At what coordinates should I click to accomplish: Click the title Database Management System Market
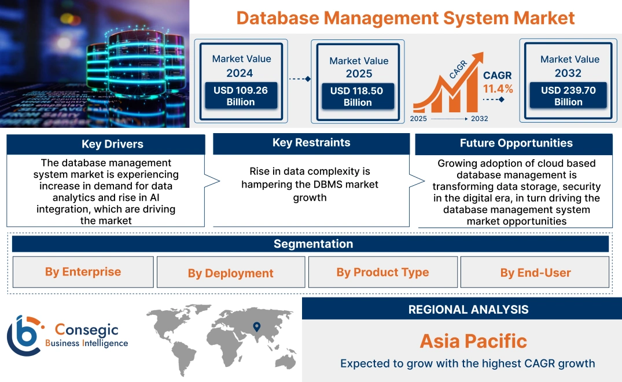pos(406,17)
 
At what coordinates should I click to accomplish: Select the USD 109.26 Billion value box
pos(241,96)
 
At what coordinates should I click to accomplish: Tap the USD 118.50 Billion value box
pos(358,97)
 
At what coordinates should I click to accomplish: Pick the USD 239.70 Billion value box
pos(568,96)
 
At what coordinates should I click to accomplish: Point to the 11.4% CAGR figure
pos(498,89)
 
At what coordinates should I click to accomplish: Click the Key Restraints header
pos(311,143)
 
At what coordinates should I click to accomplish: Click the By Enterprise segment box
pos(83,272)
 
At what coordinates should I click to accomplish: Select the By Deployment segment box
pos(230,273)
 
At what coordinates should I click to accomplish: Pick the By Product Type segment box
pos(382,272)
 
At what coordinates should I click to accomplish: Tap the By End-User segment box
pos(535,273)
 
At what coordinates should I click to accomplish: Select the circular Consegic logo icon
pos(24,335)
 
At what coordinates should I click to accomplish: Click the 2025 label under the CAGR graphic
pos(419,119)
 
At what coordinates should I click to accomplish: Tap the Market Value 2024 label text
pos(241,65)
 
